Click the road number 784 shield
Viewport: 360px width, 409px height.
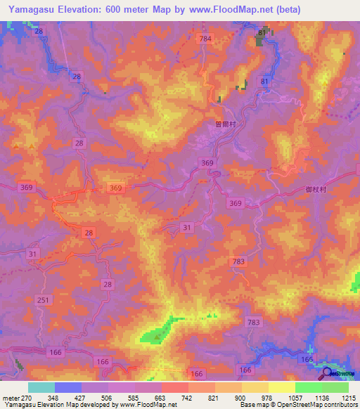205,38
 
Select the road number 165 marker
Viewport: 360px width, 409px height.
306,359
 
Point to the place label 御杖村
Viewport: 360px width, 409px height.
318,188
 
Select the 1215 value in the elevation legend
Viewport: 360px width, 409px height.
349,397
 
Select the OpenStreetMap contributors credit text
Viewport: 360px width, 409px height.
309,405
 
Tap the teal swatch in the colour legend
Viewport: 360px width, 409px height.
41,387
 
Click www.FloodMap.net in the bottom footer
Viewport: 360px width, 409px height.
148,405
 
